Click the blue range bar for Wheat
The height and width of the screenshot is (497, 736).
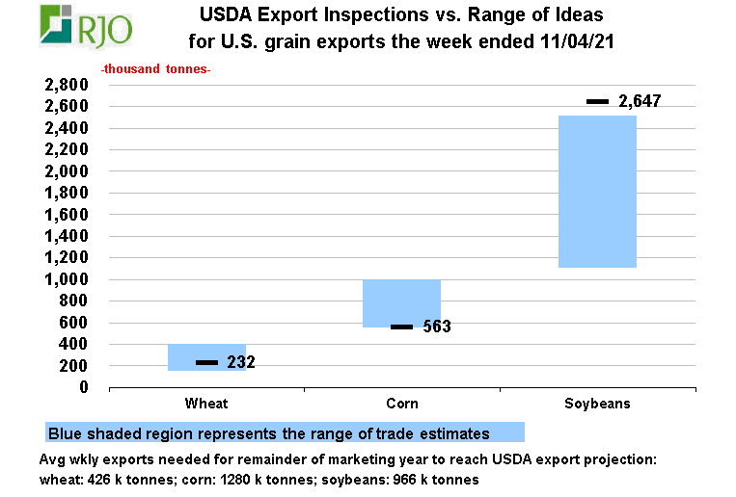[206, 357]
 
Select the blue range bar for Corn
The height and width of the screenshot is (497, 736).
[401, 303]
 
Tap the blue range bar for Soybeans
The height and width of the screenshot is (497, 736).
[597, 191]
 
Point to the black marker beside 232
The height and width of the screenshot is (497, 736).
[206, 362]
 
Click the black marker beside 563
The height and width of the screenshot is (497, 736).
[401, 327]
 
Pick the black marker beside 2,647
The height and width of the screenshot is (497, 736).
[597, 101]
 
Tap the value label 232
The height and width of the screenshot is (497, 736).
[240, 362]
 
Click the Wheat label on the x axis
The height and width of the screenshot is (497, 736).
[206, 404]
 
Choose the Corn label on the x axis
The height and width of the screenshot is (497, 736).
[401, 404]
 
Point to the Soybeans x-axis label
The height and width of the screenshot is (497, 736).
[597, 404]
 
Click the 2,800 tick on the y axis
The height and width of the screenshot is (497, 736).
[67, 85]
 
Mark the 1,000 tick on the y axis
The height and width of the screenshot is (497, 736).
[67, 279]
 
